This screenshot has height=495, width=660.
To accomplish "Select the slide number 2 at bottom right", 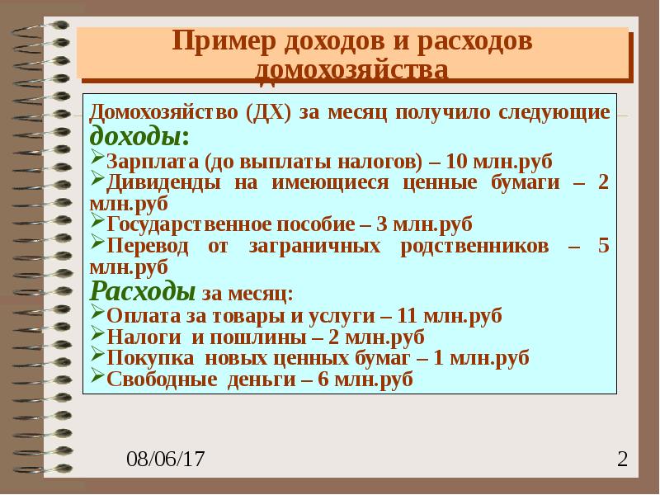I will (623, 459).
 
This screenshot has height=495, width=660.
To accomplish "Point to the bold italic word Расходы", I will (142, 292).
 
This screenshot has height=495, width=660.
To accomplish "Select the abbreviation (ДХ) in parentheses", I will (266, 112).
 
